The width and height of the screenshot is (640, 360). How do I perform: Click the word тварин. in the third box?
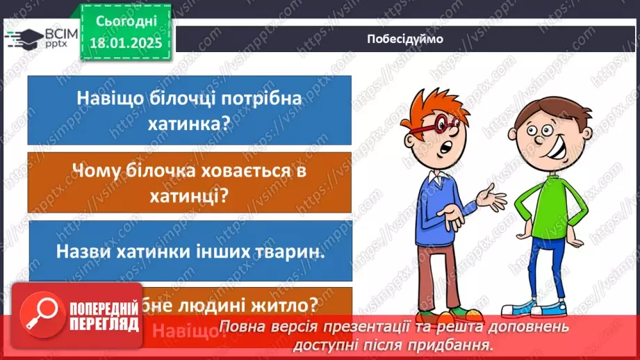coord(293,252)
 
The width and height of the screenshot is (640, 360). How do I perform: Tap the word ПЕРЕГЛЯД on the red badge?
coord(104,324)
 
